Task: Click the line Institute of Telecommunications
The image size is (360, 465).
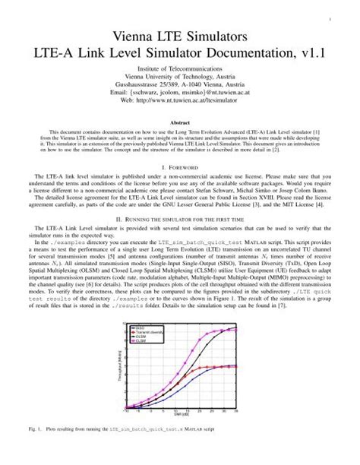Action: point(180,69)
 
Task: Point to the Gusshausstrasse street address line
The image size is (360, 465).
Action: point(180,86)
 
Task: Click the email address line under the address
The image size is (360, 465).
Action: point(180,94)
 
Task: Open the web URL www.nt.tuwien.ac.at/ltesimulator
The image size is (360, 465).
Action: point(189,103)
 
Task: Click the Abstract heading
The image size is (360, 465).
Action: point(179,122)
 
